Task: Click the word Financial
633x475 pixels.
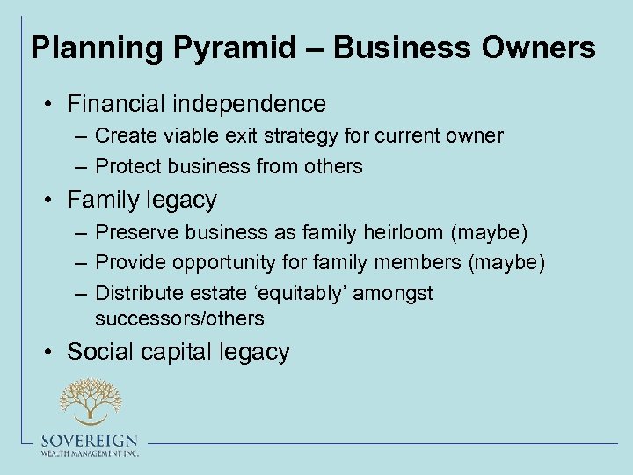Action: [x=118, y=104]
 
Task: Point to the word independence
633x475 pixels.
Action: [x=251, y=104]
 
